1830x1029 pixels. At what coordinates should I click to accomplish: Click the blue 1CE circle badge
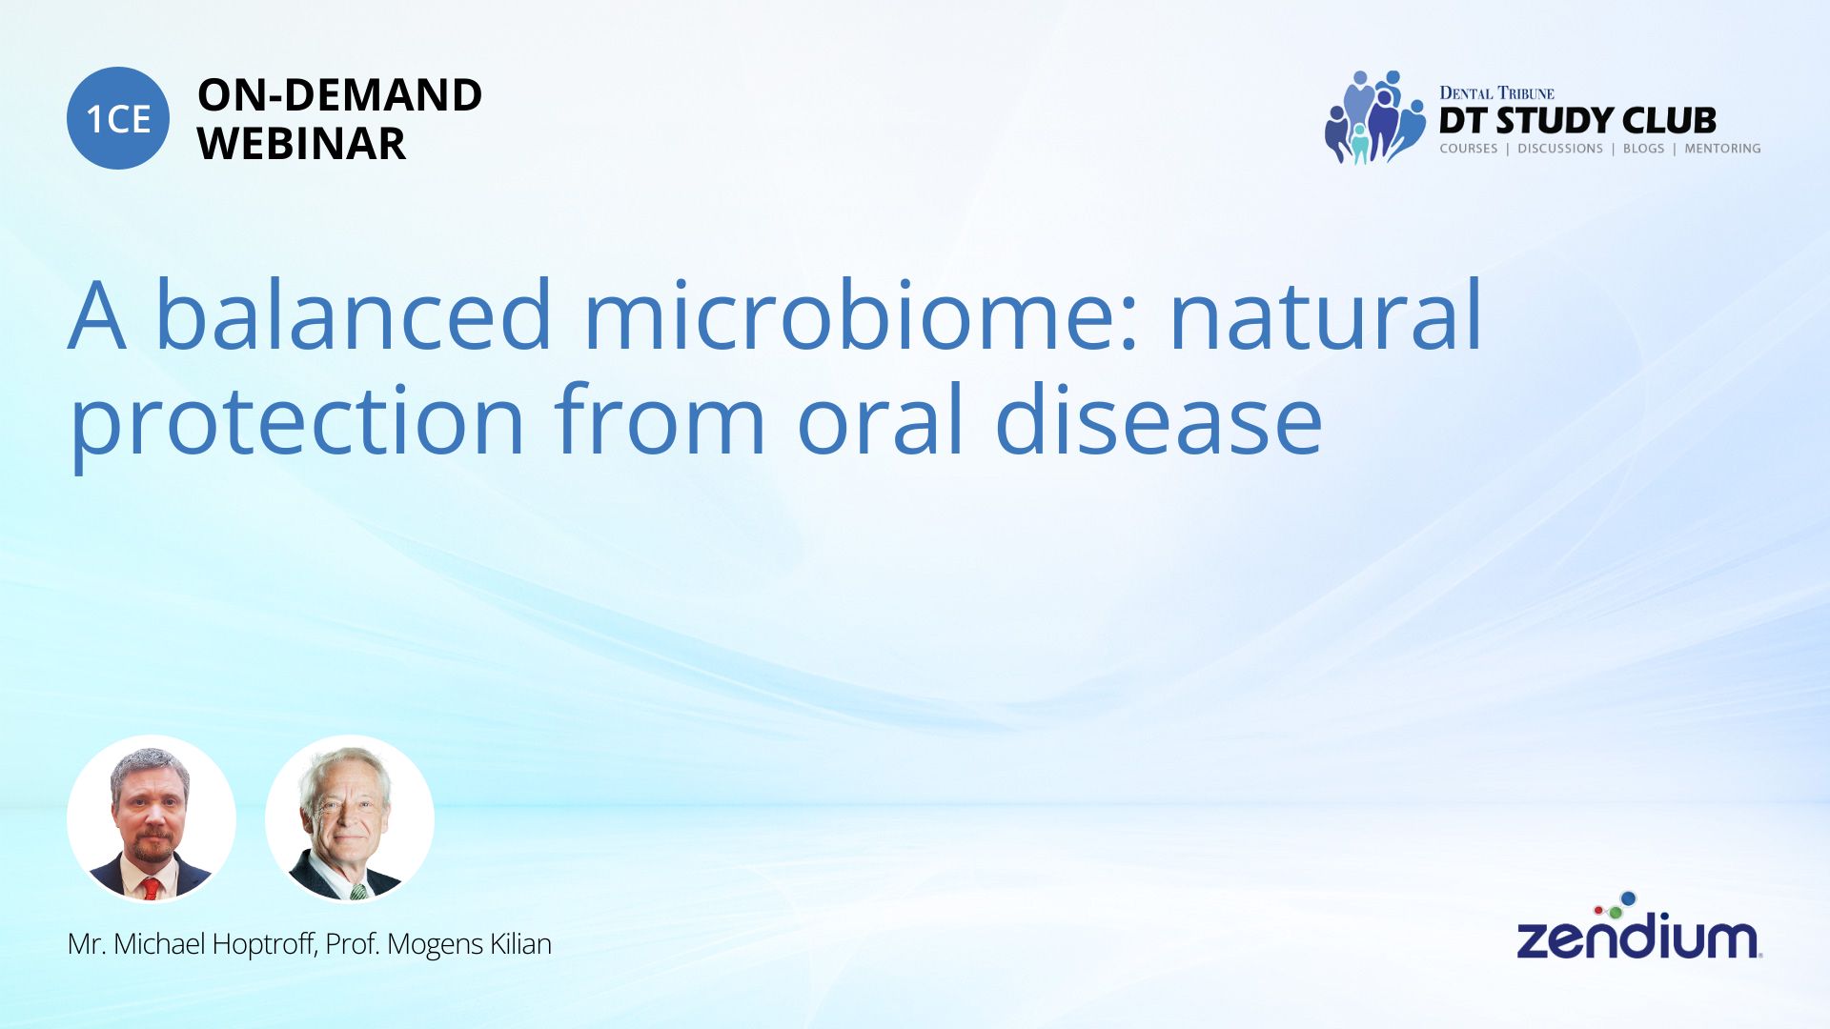118,118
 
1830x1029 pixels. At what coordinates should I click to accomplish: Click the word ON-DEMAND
339,95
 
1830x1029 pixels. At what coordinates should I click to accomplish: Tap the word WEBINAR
301,144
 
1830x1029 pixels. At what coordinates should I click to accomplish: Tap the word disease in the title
1158,419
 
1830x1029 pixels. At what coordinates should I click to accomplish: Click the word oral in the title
881,419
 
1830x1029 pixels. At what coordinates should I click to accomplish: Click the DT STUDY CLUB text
1577,121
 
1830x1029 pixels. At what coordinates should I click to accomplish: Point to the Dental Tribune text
1496,93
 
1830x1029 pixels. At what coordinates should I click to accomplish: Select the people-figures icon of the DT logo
1374,117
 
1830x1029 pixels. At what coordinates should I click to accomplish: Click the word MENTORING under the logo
1722,149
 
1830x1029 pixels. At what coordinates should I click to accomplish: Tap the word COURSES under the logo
1469,149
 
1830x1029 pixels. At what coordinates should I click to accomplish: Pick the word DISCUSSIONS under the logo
1560,149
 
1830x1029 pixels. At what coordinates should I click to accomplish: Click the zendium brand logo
1639,926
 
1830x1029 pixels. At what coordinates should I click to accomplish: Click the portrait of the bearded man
152,819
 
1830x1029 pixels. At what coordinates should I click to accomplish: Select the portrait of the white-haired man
350,819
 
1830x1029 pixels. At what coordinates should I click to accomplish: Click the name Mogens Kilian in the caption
469,944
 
